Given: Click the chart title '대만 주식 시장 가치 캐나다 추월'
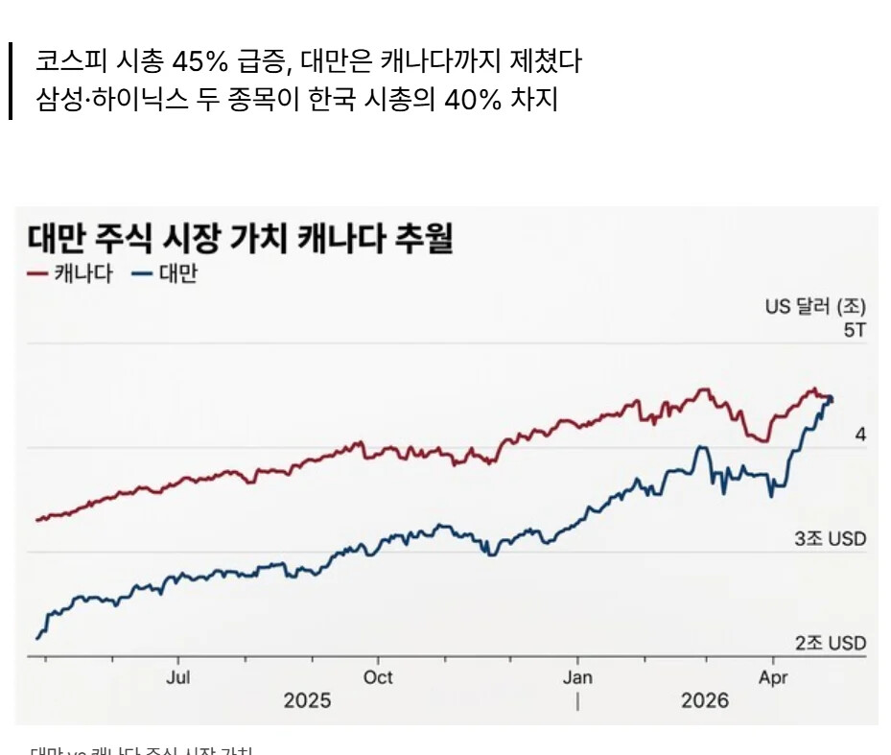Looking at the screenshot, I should [x=240, y=239].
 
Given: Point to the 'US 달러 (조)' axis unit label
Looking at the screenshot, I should [x=815, y=307].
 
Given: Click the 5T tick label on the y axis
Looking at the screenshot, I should [x=854, y=330].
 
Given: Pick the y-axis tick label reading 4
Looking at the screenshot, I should [x=860, y=435].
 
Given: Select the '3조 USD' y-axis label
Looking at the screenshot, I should [x=830, y=539].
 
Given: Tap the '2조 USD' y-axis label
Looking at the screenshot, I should [x=830, y=643].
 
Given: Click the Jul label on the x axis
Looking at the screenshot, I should [x=177, y=677].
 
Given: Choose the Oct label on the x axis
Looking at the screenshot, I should [x=378, y=677].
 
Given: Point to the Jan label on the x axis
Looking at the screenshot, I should [x=577, y=677].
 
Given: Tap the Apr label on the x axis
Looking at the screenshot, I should [x=773, y=677].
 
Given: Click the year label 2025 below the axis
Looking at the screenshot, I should [x=307, y=701].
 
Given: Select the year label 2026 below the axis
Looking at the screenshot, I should [x=705, y=701].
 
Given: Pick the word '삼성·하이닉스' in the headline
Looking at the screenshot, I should [x=103, y=100].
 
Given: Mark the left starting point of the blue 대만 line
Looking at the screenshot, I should [x=37, y=638].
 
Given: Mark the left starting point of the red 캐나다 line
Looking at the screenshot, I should [x=36, y=520].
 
